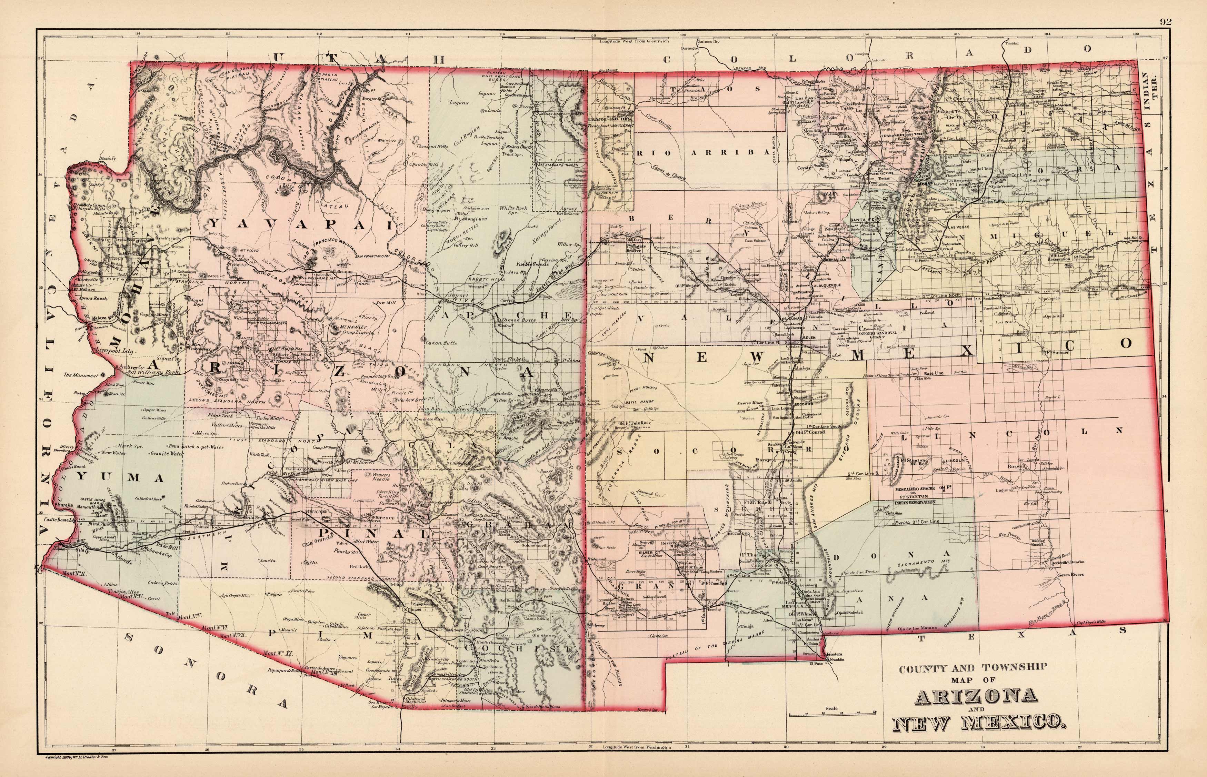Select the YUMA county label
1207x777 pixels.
tap(129, 477)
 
